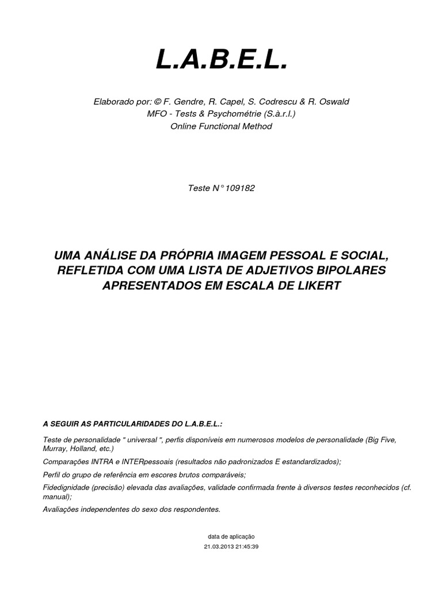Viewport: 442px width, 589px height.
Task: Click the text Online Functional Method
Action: click(x=221, y=126)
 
